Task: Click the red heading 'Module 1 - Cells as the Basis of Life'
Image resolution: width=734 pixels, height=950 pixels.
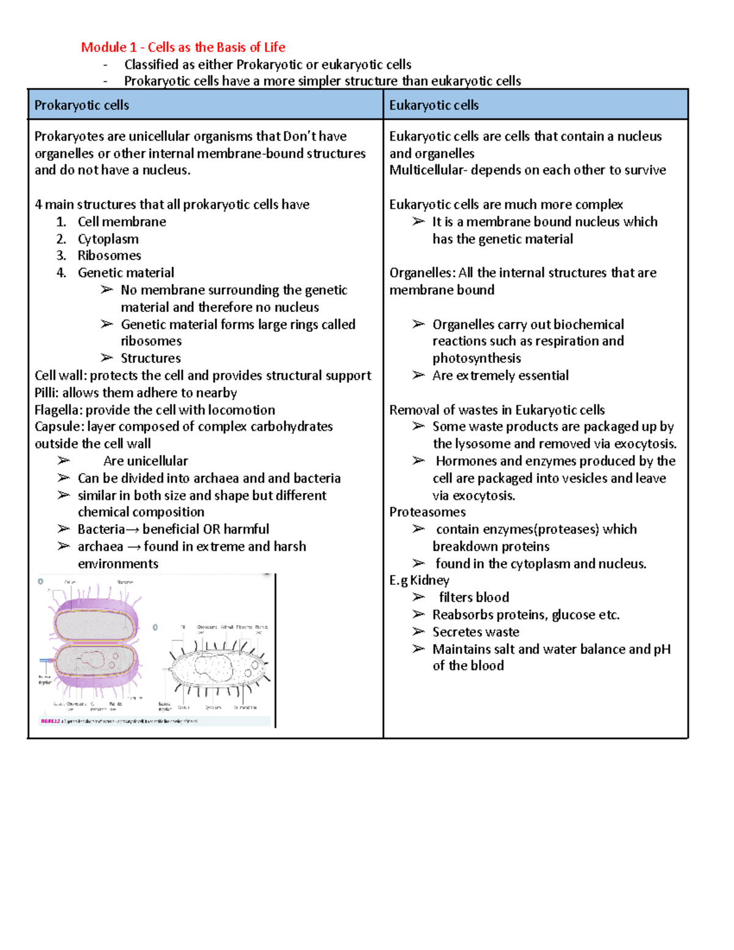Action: [183, 47]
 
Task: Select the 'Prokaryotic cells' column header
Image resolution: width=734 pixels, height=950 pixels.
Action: [81, 105]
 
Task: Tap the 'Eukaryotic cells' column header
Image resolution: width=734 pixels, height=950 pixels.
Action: [434, 105]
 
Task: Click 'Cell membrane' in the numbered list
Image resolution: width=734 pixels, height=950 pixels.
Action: [122, 221]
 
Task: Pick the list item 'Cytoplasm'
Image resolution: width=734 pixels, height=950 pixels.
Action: [108, 239]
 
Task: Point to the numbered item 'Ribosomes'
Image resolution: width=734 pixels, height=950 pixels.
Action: [109, 256]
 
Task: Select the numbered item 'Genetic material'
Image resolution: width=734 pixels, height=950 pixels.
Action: [125, 273]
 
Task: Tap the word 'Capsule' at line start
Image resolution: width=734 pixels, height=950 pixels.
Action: [57, 426]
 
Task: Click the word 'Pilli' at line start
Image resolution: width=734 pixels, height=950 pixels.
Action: [46, 393]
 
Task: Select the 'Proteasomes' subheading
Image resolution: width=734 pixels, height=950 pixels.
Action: [427, 512]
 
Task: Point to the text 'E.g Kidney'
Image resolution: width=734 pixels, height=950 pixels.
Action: [419, 580]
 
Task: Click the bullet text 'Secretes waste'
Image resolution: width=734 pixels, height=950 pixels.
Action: [475, 632]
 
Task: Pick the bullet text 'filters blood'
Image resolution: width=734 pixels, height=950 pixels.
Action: [473, 597]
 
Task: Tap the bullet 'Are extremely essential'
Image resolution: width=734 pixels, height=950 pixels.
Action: [500, 376]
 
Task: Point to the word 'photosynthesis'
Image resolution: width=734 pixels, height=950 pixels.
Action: [476, 358]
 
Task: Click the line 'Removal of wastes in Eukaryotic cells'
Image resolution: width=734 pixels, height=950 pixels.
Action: [497, 410]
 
